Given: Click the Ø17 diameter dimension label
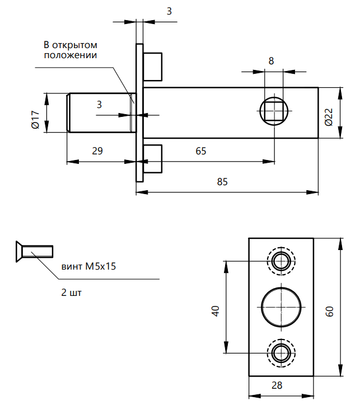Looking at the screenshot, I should pyautogui.click(x=35, y=120).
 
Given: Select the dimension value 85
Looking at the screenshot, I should pyautogui.click(x=222, y=182).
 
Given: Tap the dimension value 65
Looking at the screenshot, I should pyautogui.click(x=200, y=151).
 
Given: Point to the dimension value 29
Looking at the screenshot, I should pyautogui.click(x=97, y=151).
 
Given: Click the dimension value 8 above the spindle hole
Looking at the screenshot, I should pyautogui.click(x=271, y=61).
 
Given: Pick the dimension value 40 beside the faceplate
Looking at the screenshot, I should pyautogui.click(x=214, y=311).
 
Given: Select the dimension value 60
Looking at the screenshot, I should pyautogui.click(x=330, y=311).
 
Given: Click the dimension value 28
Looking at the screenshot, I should pyautogui.click(x=277, y=385).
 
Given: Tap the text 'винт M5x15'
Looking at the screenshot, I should pyautogui.click(x=88, y=267).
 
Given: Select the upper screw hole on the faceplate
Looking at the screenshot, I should pyautogui.click(x=280, y=260).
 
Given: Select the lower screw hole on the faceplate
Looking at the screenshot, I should pyautogui.click(x=280, y=352).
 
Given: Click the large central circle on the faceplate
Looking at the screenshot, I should pyautogui.click(x=280, y=306).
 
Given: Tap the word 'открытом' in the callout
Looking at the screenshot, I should pyautogui.click(x=76, y=45).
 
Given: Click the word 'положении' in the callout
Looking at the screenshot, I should pyautogui.click(x=71, y=55).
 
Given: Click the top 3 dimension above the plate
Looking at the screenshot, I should pyautogui.click(x=169, y=11).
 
